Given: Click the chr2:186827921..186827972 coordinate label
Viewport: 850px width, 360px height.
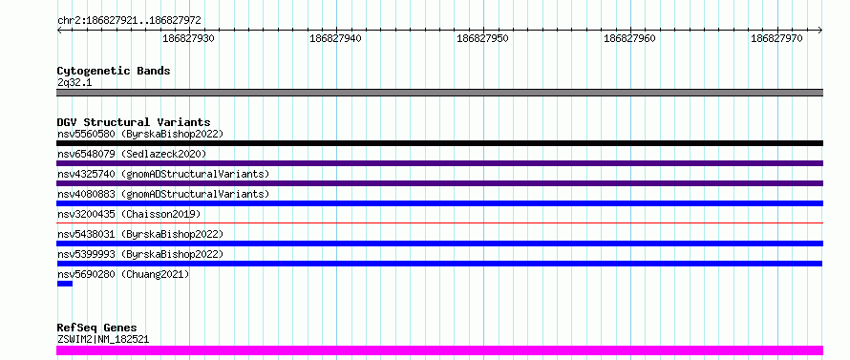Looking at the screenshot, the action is coord(129,21).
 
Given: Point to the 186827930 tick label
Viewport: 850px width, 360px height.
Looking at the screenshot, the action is coord(189,38).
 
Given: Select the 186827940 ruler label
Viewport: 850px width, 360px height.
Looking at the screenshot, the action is coord(335,38).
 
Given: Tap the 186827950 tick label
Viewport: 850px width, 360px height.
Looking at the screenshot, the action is coord(482,38).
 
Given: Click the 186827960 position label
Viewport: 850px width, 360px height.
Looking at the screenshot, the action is coord(629,38).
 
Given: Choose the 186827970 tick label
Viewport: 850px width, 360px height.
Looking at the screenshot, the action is coord(776,38).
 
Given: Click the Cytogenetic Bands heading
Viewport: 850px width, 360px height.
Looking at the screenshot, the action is coord(114,71).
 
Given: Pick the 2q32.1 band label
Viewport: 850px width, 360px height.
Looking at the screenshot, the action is coord(74,82).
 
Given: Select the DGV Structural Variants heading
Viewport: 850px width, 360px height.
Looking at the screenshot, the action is coord(134,122).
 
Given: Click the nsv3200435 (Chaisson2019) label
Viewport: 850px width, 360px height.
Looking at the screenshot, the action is coord(129,214).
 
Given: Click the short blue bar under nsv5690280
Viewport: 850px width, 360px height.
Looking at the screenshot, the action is coord(65,284).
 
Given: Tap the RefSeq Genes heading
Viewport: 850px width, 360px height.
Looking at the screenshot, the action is coord(97,328).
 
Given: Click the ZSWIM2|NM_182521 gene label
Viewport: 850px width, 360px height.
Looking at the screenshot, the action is coord(103,340).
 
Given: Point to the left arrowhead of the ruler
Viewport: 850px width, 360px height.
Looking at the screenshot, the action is coord(59,31).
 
